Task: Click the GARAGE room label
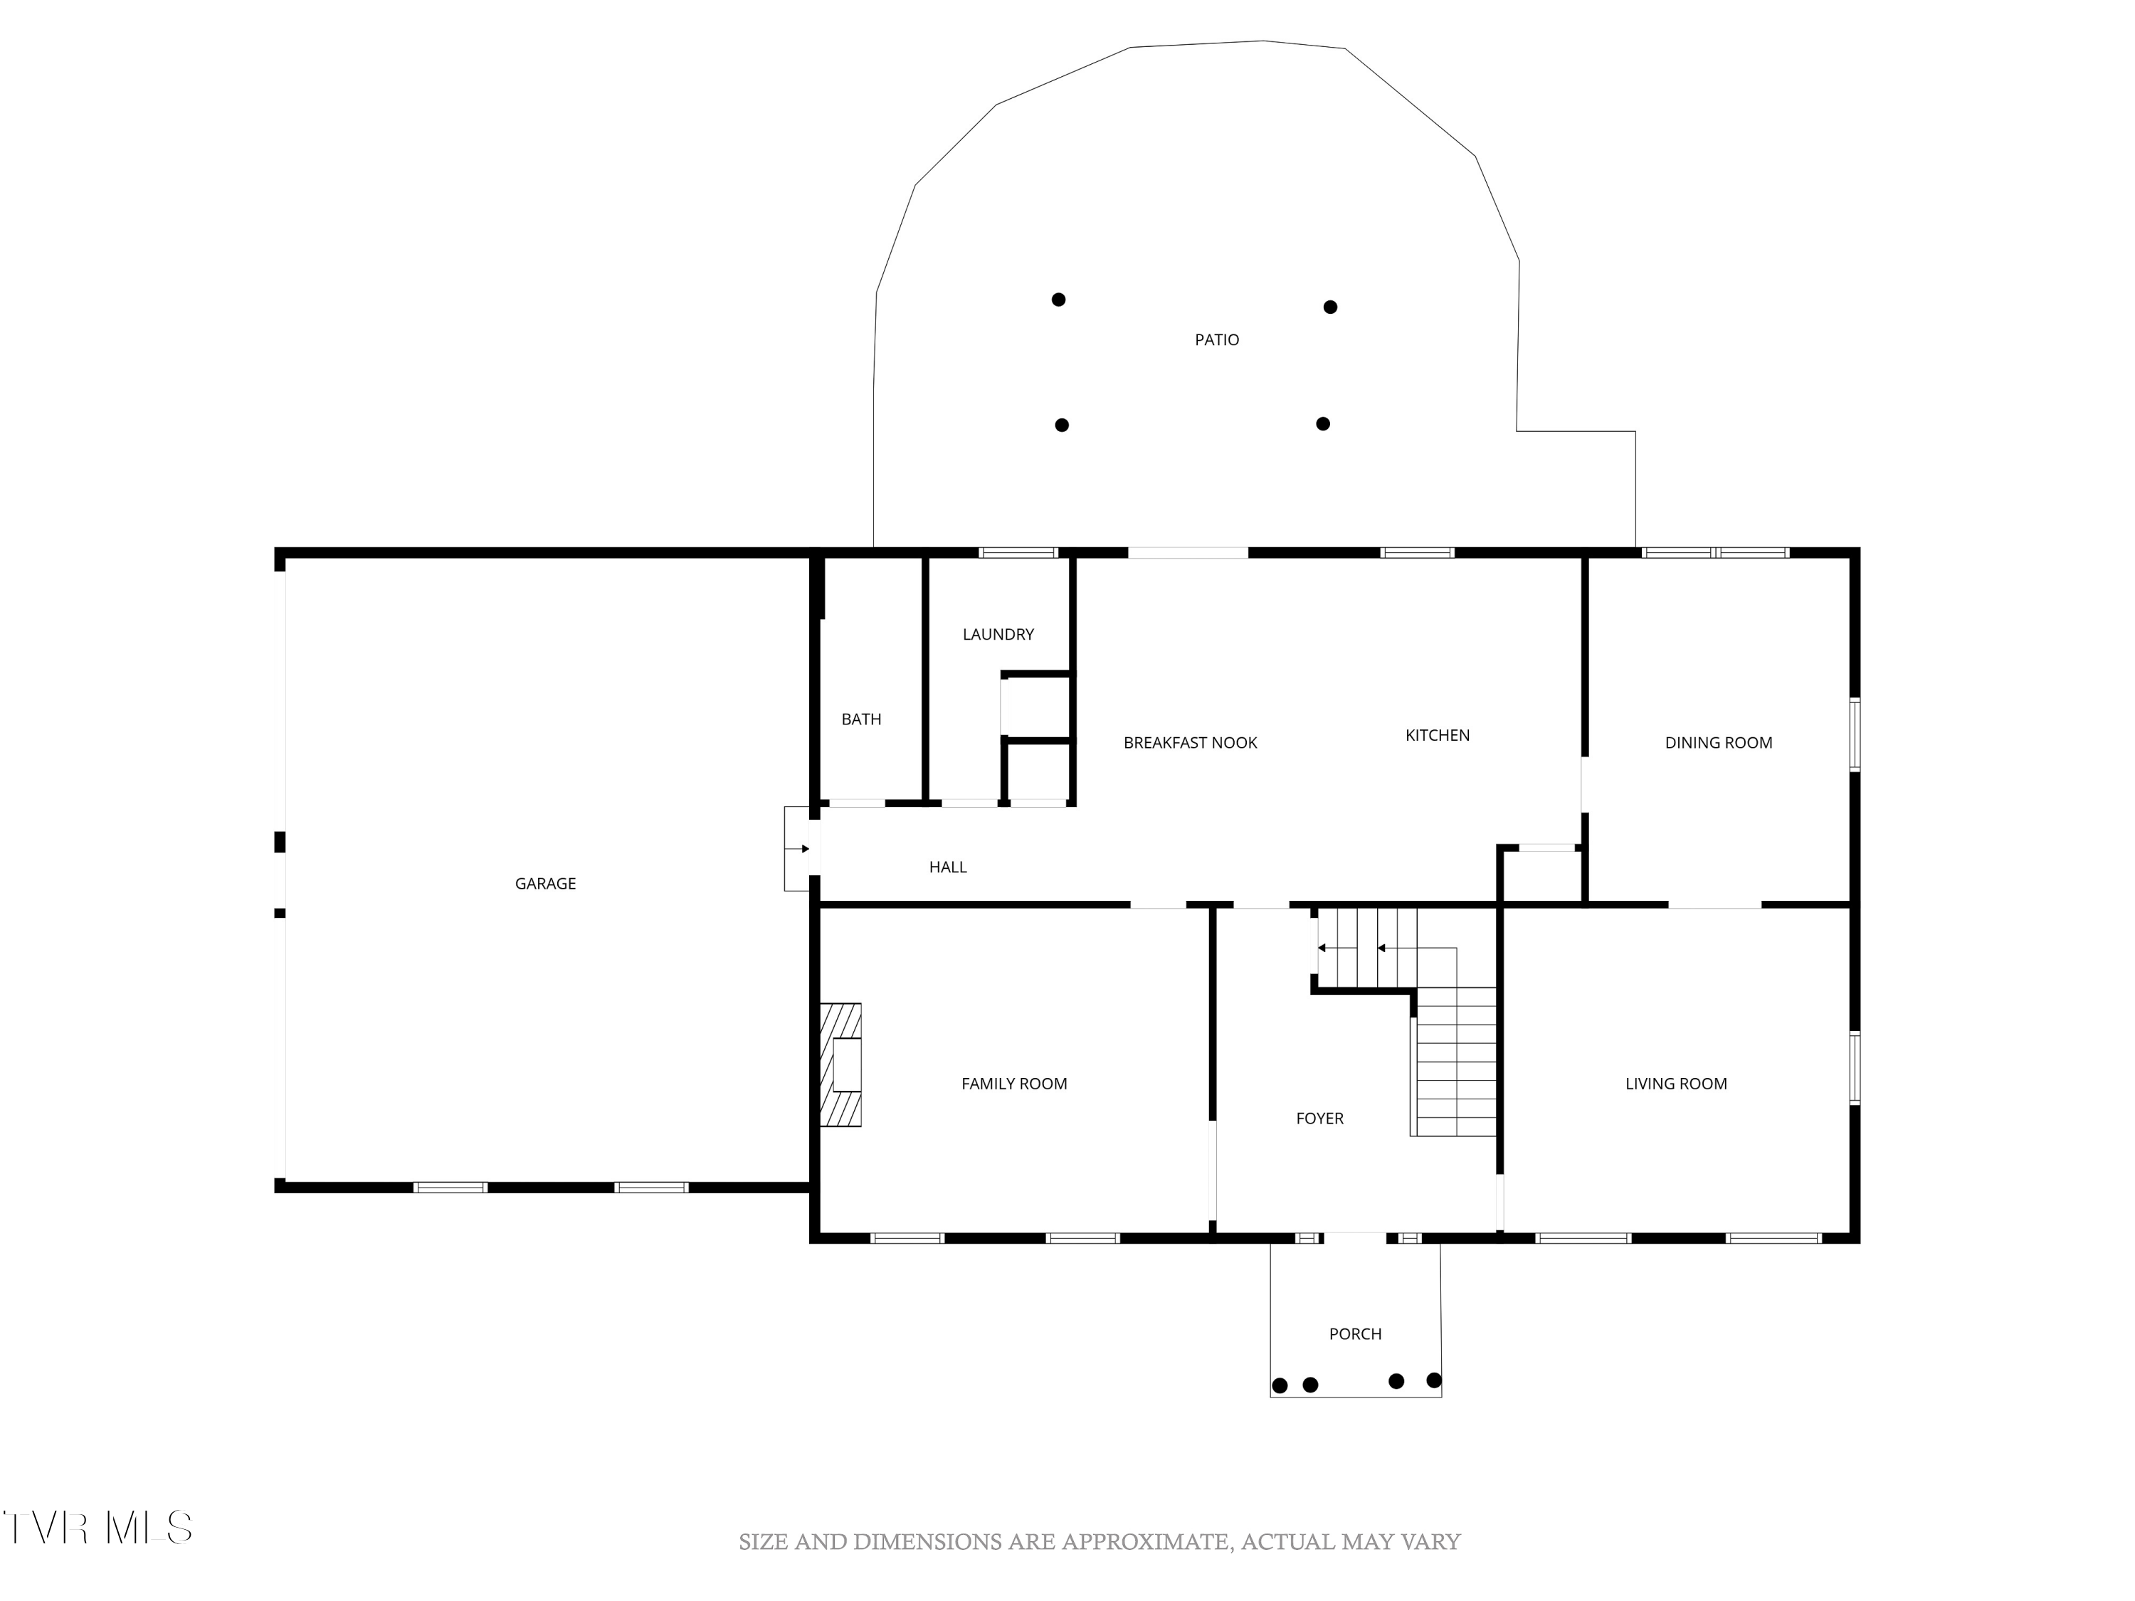point(545,883)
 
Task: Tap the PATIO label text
point(1216,339)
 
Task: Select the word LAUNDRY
point(998,634)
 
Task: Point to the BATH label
point(861,719)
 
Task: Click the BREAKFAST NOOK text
point(1190,742)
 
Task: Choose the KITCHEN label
point(1437,735)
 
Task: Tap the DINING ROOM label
point(1718,742)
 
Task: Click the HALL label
point(948,867)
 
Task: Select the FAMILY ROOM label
point(1013,1084)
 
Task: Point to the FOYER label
point(1319,1119)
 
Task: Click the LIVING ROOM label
point(1675,1084)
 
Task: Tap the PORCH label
point(1355,1333)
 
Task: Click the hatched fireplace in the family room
point(840,1065)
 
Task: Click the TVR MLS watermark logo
point(97,1528)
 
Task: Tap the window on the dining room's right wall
point(1854,735)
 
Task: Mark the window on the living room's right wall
point(1854,1067)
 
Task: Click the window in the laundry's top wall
point(1018,553)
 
